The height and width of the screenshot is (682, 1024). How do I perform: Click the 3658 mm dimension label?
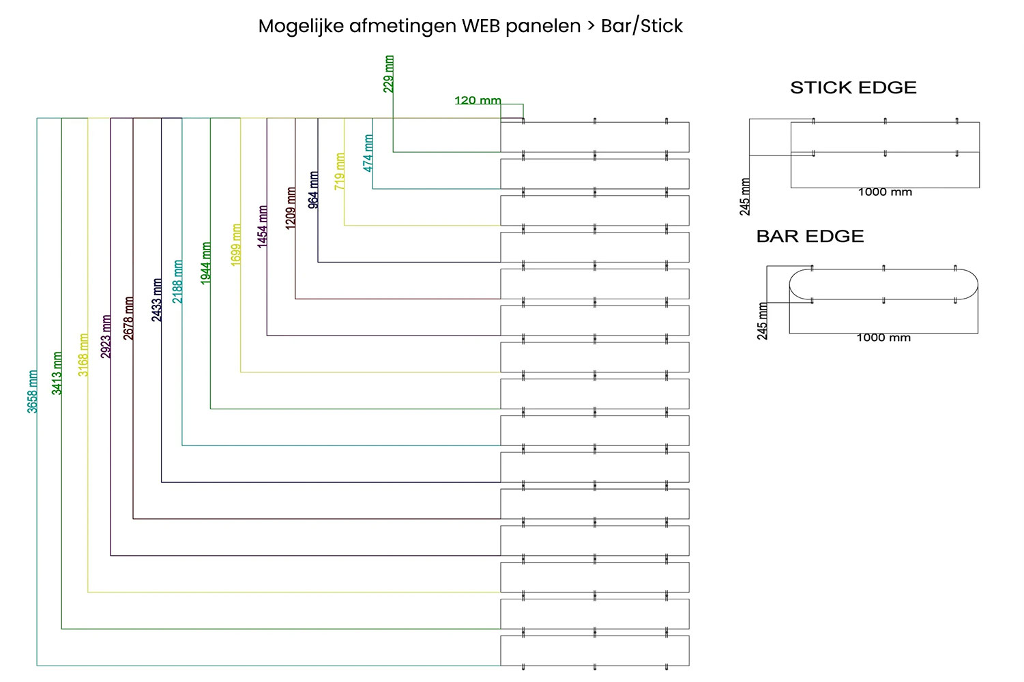click(x=32, y=391)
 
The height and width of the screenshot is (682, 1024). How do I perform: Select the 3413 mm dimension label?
click(x=57, y=373)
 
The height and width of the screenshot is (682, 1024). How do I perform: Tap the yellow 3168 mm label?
click(x=83, y=355)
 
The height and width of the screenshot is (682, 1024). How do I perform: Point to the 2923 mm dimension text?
click(x=106, y=336)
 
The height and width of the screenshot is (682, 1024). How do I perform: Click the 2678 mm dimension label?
click(x=128, y=318)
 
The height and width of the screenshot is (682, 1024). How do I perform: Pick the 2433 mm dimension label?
click(x=157, y=299)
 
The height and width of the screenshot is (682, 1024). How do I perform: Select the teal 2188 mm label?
click(x=177, y=281)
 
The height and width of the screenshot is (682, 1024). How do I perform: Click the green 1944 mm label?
click(x=206, y=263)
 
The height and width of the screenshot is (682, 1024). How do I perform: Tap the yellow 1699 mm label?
click(x=236, y=244)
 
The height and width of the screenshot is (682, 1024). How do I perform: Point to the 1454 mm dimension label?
click(x=263, y=226)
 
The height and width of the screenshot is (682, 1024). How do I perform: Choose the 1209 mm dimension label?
click(x=291, y=208)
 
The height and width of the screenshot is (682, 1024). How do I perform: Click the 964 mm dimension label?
click(x=313, y=190)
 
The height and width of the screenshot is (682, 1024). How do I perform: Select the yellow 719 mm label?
click(x=340, y=171)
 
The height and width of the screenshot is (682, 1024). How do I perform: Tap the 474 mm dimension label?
click(x=368, y=153)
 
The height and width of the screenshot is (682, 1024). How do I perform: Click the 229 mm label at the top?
click(x=389, y=74)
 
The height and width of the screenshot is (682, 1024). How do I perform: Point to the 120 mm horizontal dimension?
click(x=478, y=100)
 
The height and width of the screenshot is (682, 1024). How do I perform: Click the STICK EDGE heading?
click(x=853, y=87)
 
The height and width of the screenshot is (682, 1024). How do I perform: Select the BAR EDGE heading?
click(x=810, y=236)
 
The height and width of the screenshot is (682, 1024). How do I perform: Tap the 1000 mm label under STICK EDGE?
click(x=885, y=192)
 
